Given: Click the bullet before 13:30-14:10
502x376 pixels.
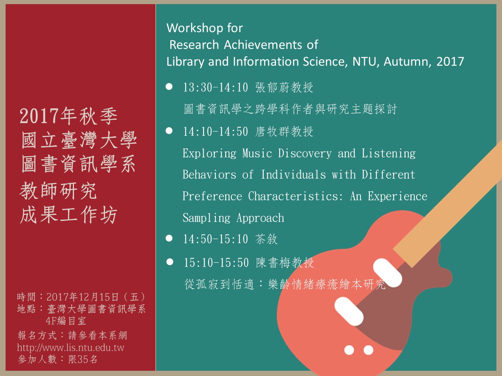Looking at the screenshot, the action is pos(169,87).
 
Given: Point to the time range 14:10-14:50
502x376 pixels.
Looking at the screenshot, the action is pos(216,132).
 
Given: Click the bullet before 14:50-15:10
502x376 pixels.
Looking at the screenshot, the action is pos(169,238).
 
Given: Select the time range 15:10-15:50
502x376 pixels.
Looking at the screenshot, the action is pos(216,263).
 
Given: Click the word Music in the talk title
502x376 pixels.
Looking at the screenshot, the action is pos(257,153).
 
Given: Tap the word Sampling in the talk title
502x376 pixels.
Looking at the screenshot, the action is pos(206,218).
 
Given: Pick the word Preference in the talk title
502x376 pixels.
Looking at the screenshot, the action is pos(212,196).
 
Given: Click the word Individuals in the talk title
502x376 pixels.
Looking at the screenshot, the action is pos(294,175).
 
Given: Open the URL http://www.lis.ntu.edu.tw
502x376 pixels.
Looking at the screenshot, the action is pos(71,348).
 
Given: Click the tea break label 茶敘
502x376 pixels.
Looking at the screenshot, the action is pos(266,239).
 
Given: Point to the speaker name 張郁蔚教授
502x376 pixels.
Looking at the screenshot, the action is pos(284,87).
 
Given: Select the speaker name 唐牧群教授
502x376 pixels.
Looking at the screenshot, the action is pos(284,132).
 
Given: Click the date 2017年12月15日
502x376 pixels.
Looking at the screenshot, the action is pos(83,297).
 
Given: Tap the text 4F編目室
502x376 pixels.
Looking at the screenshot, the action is pos(66,321).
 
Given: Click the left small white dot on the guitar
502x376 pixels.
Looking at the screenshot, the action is pos(349,350).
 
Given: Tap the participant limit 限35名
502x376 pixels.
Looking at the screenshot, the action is pos(83,359).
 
